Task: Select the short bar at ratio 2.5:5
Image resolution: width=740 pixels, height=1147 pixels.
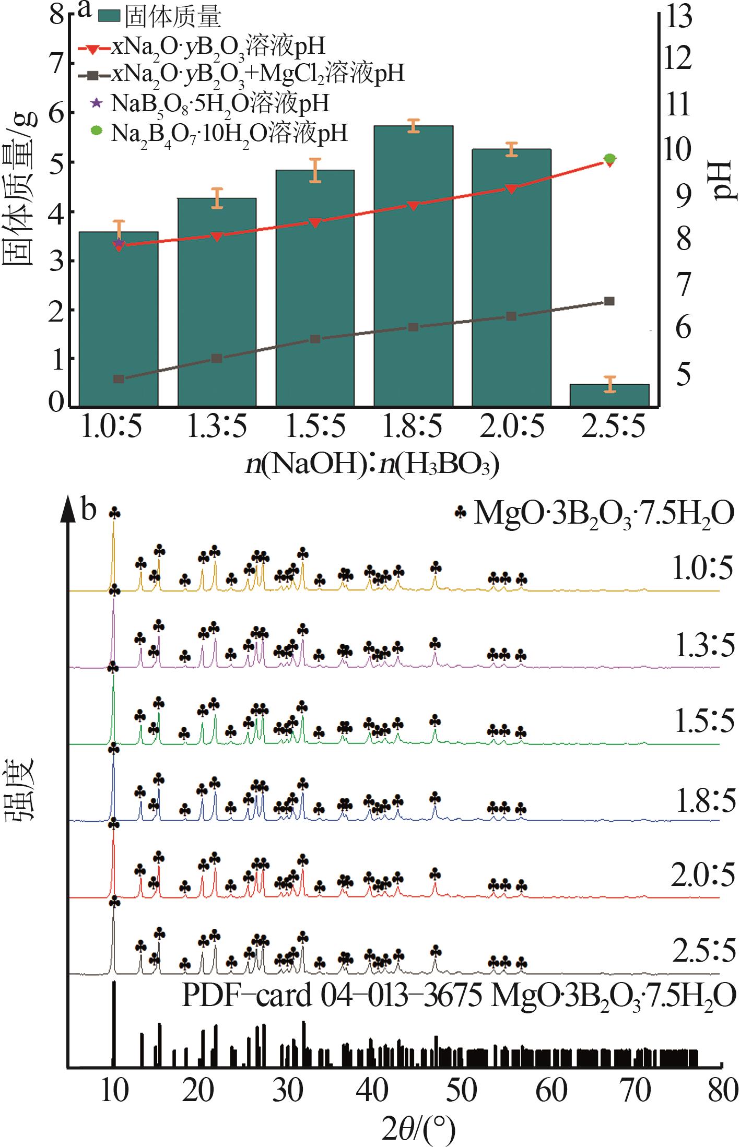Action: point(609,395)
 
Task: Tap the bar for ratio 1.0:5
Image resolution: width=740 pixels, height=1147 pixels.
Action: point(119,318)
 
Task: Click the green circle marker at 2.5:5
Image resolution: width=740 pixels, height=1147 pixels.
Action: point(609,159)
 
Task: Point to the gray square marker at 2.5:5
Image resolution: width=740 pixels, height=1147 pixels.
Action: point(609,301)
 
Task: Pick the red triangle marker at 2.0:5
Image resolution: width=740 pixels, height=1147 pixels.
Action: point(511,189)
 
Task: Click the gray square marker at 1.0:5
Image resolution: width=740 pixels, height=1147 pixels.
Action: point(119,379)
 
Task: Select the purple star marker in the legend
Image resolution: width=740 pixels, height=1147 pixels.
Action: point(95,103)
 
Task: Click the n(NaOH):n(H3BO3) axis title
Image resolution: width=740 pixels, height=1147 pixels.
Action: point(373,464)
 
